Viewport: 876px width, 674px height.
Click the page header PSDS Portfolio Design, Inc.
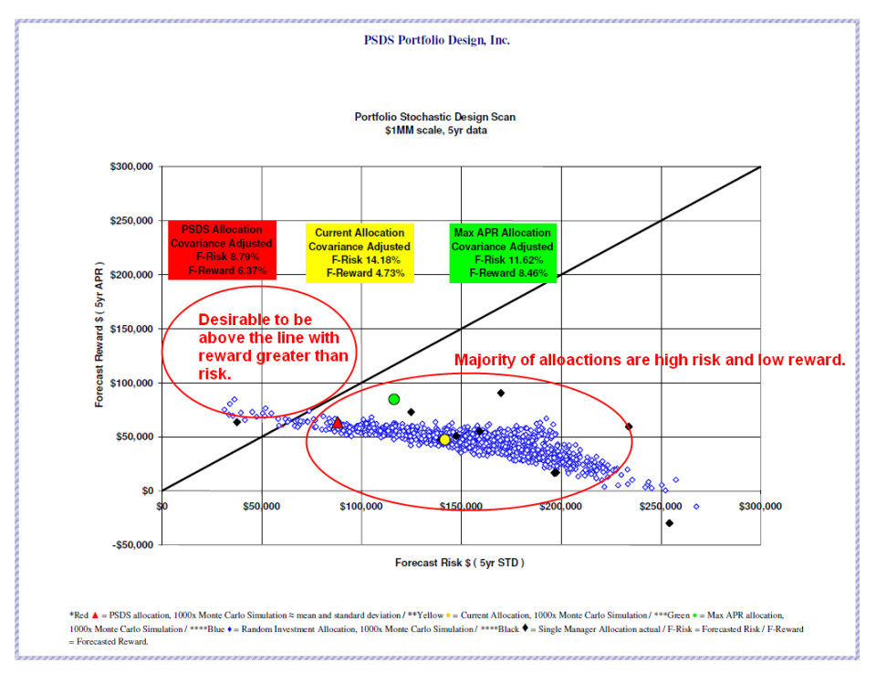coord(437,40)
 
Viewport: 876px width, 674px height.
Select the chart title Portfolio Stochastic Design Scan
coord(435,117)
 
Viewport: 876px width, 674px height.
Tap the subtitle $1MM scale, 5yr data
coord(435,131)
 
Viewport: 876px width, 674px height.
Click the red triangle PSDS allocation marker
coord(337,423)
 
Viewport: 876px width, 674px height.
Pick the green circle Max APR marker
coord(394,399)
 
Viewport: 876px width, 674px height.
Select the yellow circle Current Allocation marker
coord(444,439)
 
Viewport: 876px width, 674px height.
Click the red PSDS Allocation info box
coord(221,250)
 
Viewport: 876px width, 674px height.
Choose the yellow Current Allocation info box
coord(359,252)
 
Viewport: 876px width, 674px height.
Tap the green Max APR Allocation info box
coord(502,252)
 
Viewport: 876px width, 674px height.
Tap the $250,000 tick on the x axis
coord(661,506)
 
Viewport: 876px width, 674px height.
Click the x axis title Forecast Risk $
coord(460,563)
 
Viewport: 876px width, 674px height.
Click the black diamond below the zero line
coord(669,523)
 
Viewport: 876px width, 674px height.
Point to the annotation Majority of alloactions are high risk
coord(650,360)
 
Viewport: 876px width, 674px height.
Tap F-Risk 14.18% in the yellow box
coord(364,259)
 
